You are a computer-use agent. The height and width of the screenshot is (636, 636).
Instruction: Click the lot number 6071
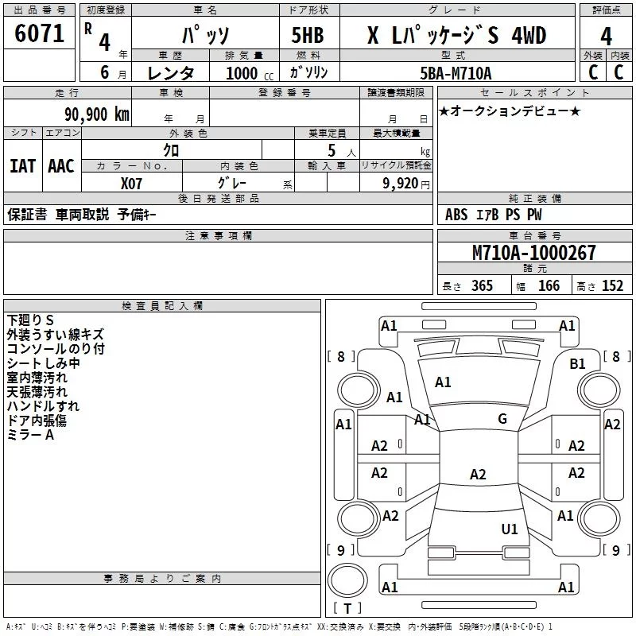(x=39, y=33)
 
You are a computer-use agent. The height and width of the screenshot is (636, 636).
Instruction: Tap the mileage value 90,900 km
(x=97, y=114)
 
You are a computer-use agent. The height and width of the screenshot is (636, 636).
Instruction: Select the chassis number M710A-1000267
(x=533, y=253)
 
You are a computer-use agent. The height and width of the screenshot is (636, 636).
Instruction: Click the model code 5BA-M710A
(x=456, y=73)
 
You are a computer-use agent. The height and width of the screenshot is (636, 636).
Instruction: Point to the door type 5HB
(x=308, y=35)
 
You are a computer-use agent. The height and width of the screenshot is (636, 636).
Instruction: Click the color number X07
(x=131, y=184)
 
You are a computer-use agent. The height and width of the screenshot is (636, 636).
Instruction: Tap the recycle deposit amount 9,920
(x=401, y=183)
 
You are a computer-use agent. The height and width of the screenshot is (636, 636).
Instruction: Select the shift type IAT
(x=23, y=166)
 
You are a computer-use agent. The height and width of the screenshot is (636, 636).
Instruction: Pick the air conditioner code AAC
(x=61, y=166)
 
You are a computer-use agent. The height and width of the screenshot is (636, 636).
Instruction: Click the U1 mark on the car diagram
(x=510, y=529)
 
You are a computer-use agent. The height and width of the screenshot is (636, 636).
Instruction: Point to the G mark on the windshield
(x=502, y=419)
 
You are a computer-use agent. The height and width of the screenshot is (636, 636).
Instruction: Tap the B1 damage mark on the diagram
(x=578, y=364)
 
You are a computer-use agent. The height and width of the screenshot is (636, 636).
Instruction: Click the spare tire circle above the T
(x=347, y=580)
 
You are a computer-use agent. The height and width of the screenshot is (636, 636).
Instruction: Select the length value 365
(x=482, y=286)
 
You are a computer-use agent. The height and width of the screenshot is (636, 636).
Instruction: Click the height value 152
(x=612, y=286)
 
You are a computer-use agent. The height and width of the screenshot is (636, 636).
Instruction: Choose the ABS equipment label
(x=456, y=215)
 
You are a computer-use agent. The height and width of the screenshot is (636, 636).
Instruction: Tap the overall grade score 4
(x=606, y=37)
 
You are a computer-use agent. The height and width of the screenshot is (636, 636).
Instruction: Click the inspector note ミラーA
(x=30, y=435)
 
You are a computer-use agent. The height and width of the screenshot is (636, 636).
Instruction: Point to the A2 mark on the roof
(x=478, y=474)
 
